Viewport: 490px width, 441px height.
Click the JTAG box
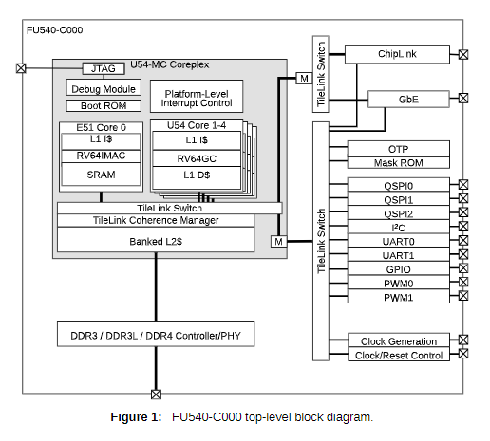tap(104, 68)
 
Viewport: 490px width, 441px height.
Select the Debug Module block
tap(104, 87)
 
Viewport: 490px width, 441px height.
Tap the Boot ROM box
tap(104, 105)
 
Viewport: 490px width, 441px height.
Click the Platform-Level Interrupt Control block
tap(197, 97)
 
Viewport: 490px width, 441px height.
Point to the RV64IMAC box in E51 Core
tap(101, 156)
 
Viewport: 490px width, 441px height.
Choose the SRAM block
tap(101, 175)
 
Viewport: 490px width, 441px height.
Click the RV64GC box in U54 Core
tap(197, 158)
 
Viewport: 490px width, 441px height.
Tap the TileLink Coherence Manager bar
tap(156, 220)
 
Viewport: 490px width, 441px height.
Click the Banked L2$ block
tap(156, 240)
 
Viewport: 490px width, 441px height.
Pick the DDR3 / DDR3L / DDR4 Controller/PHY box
tap(156, 334)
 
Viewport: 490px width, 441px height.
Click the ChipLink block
tap(397, 54)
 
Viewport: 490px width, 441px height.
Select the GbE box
tap(408, 100)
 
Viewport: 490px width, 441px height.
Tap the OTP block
tap(399, 149)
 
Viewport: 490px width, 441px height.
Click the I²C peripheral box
tap(399, 227)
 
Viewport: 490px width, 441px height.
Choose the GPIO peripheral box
tap(399, 268)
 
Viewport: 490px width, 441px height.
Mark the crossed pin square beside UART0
tap(463, 240)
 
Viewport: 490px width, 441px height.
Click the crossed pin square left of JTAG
tap(21, 68)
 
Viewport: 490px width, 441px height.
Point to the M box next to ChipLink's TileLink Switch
tap(304, 78)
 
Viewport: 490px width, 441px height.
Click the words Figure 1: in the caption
tap(136, 417)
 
